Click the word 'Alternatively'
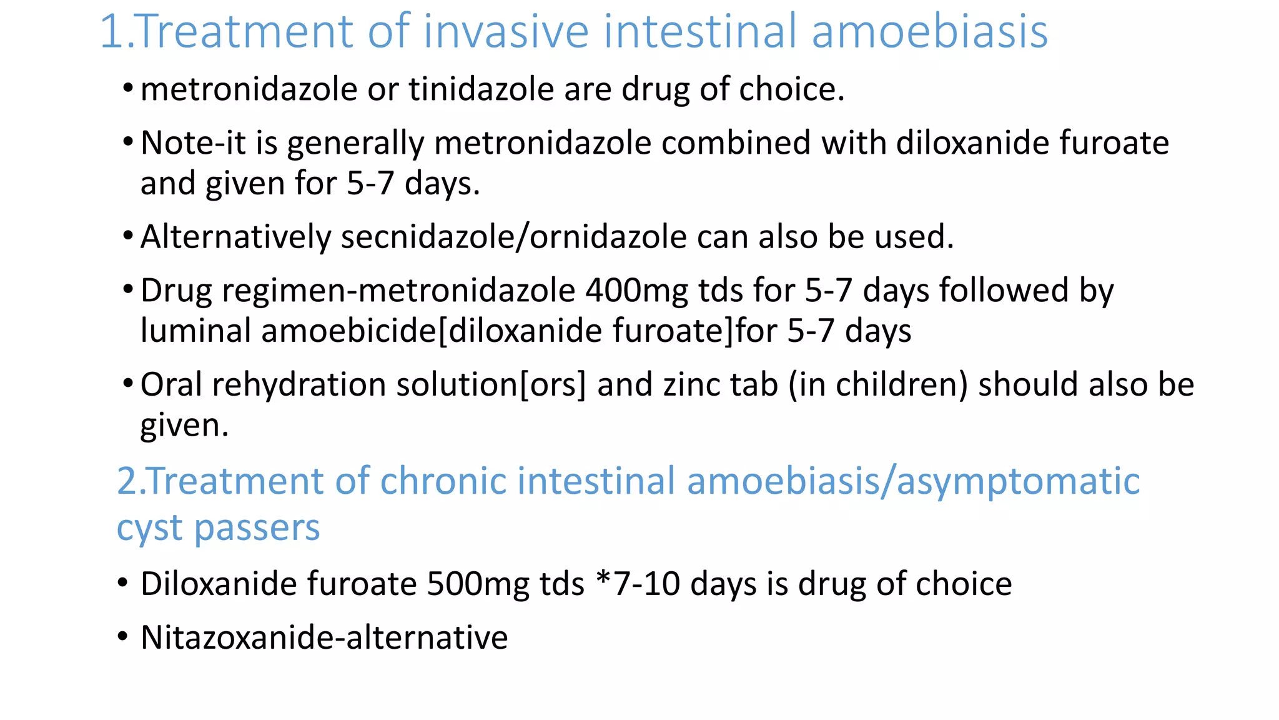235,237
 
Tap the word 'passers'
257,528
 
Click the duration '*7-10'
638,584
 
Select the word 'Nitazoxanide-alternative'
324,637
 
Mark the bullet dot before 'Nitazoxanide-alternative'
123,637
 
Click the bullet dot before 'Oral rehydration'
128,382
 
